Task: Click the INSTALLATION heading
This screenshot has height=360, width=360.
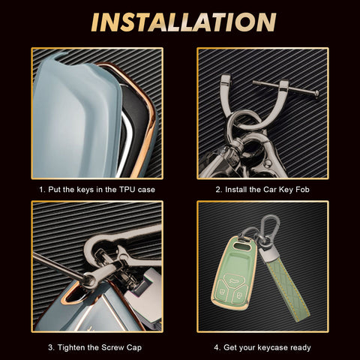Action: (x=184, y=22)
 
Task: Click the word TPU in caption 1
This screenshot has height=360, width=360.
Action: (x=127, y=190)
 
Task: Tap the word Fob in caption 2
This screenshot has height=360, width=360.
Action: (x=302, y=190)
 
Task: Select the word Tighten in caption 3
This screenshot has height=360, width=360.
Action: (x=73, y=347)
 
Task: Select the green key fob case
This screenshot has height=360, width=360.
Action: (x=234, y=272)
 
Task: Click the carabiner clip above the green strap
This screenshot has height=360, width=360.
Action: (x=269, y=226)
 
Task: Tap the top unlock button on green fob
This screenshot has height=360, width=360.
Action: (x=234, y=279)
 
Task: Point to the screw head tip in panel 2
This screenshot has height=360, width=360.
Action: (x=316, y=94)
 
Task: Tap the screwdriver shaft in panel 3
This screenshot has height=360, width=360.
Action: (x=58, y=266)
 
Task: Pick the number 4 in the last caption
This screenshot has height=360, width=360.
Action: (x=216, y=348)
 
